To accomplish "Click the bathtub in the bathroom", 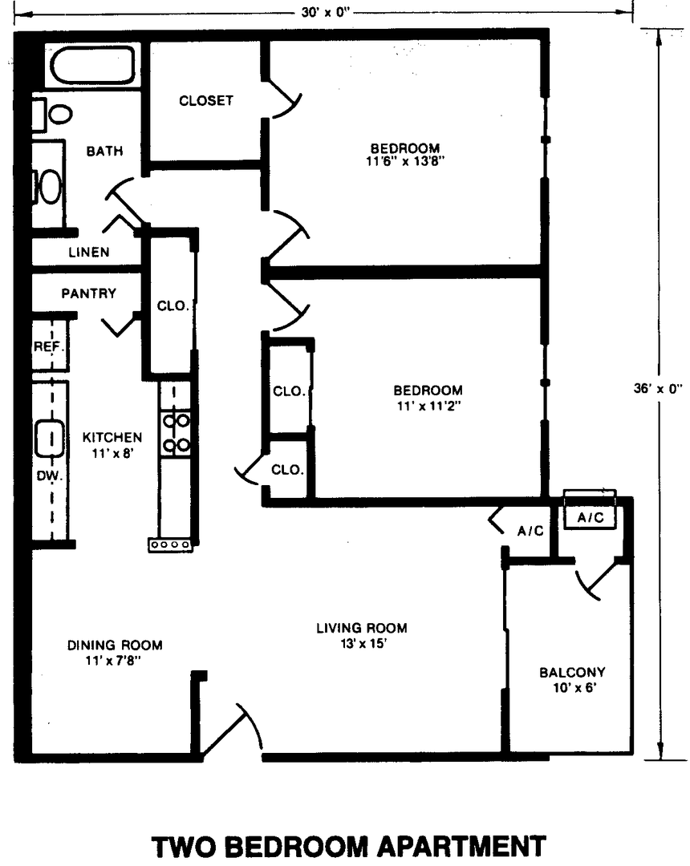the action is point(92,65).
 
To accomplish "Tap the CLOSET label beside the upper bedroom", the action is point(206,100).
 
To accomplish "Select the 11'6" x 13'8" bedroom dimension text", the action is point(405,161).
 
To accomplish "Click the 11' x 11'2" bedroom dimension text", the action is point(428,406).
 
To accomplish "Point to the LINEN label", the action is point(89,253).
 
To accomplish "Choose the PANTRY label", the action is point(89,293).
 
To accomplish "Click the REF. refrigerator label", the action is point(50,347).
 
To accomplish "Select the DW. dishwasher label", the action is point(50,475).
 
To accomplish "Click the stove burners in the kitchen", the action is point(177,432).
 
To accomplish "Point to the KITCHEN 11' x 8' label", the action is point(112,445).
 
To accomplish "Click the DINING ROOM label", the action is point(115,645).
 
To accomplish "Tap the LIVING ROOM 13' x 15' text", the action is point(362,636).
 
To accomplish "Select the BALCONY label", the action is point(572,672).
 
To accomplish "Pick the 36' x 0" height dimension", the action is point(658,388).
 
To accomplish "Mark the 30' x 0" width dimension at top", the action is point(326,12).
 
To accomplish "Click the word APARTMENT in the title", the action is point(458,846).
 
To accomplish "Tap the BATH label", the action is point(105,151).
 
